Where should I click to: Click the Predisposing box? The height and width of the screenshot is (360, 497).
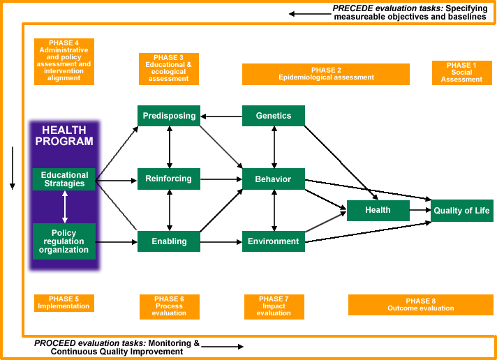tap(169, 116)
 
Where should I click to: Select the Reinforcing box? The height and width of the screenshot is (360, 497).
tap(169, 179)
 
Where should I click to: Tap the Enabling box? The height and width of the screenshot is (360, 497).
tap(169, 241)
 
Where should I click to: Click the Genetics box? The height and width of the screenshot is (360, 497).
tap(274, 116)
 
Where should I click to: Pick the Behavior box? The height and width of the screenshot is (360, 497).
tap(274, 179)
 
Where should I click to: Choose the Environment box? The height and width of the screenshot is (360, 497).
tap(274, 241)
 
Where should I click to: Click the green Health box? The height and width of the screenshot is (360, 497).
tap(378, 210)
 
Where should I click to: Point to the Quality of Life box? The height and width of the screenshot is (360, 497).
tap(461, 211)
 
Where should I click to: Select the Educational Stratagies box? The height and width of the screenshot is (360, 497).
tap(64, 179)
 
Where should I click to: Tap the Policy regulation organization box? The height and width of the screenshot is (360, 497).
tap(64, 241)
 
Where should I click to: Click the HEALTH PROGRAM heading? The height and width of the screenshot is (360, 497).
tap(64, 136)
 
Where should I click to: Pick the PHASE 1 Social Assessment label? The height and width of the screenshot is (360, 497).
tap(461, 73)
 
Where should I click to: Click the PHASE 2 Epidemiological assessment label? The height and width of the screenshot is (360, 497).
tap(326, 74)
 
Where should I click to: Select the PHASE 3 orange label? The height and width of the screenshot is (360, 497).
tap(169, 68)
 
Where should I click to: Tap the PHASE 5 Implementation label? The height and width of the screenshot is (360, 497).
tap(64, 303)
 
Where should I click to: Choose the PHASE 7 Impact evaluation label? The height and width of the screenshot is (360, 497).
tap(274, 306)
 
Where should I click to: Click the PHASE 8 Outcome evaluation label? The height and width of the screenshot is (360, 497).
tap(420, 305)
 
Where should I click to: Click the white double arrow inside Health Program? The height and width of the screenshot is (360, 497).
tap(65, 207)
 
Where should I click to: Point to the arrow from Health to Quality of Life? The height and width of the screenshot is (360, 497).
tap(420, 210)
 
